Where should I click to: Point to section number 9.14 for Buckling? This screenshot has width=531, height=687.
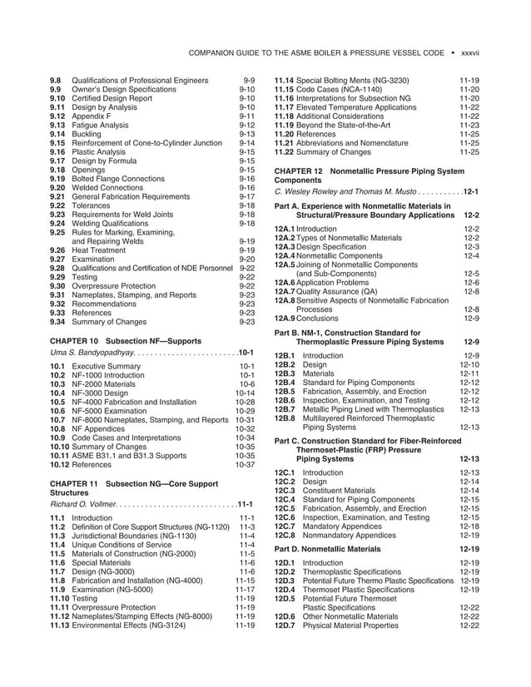pos(57,134)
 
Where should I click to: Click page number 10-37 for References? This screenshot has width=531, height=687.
pos(244,465)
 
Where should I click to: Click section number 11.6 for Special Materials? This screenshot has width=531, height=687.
pos(57,563)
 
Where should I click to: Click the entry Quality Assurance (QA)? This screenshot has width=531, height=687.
pos(340,291)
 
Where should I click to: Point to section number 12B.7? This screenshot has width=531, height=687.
pos(285,409)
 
